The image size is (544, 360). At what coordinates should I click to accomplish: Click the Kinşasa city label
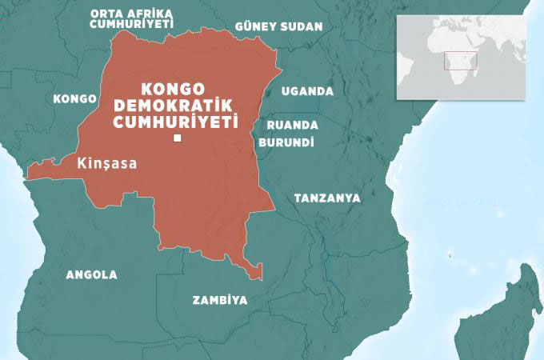(x=106, y=163)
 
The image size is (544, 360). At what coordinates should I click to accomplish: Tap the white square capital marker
(x=177, y=141)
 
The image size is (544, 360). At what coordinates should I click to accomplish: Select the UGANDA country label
(x=307, y=91)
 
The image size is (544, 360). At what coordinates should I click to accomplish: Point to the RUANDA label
(x=292, y=126)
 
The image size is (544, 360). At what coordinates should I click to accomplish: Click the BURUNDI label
(x=286, y=142)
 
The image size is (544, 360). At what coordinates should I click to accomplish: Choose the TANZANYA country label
(x=327, y=198)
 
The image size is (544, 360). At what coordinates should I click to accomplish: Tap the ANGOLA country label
(x=91, y=274)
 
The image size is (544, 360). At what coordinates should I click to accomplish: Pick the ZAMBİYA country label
(x=219, y=300)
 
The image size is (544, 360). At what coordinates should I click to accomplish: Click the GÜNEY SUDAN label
(x=278, y=26)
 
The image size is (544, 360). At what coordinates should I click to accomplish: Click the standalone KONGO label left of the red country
(x=74, y=98)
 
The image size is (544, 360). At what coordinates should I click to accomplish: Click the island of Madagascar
(x=505, y=312)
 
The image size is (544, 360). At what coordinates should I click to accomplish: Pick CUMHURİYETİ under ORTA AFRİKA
(x=132, y=25)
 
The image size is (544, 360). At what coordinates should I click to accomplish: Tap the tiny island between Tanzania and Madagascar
(x=450, y=256)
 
